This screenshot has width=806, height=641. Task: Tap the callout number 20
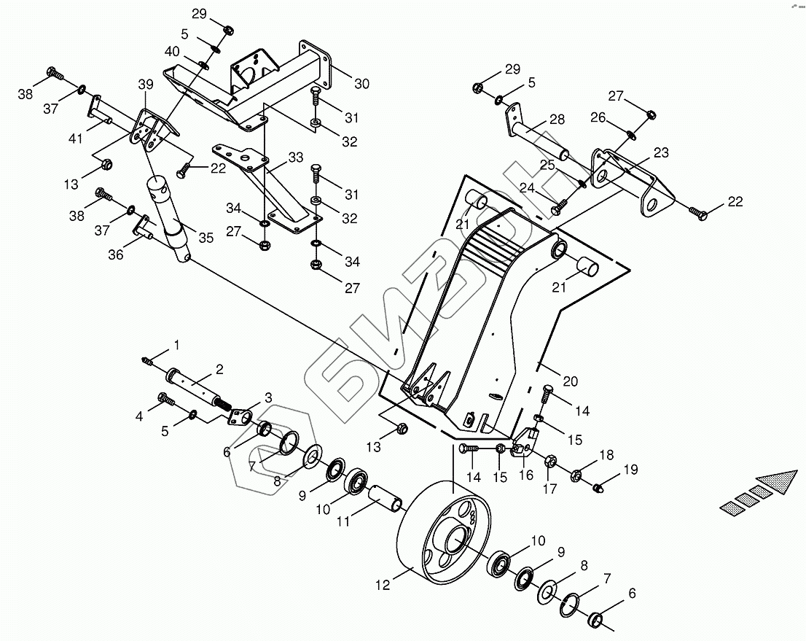pos(570,381)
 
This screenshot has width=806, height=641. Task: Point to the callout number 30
pos(361,84)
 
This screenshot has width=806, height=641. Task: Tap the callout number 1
pos(176,344)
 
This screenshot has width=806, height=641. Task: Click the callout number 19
pos(630,470)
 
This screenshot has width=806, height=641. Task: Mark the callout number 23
pos(661,152)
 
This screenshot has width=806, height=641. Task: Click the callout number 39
pos(146,85)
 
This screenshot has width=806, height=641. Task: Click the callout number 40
pos(171,51)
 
